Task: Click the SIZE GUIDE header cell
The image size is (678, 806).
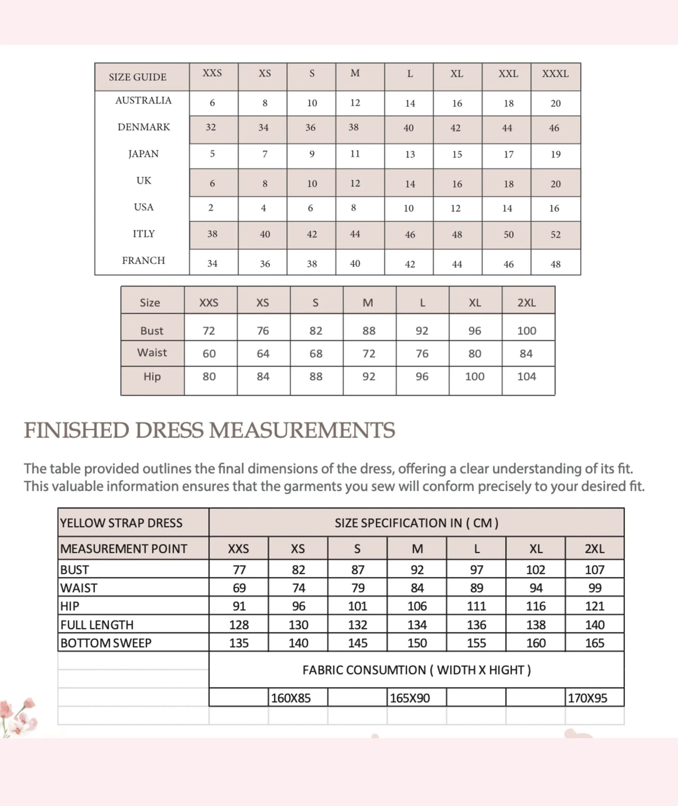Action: click(x=138, y=77)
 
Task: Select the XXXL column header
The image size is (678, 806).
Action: click(x=555, y=73)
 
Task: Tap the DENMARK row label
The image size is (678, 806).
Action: click(x=144, y=127)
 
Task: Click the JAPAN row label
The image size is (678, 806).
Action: click(x=144, y=154)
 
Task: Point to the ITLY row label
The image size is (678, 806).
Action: click(x=144, y=234)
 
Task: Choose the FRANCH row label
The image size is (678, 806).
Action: click(x=144, y=261)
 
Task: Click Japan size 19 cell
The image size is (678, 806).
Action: click(x=555, y=154)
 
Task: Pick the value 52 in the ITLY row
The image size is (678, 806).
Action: click(x=555, y=235)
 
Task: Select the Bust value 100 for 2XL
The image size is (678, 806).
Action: click(x=527, y=331)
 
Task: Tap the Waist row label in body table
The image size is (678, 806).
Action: click(x=152, y=353)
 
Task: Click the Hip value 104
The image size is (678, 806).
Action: click(x=527, y=376)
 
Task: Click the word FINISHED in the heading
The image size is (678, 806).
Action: click(x=77, y=431)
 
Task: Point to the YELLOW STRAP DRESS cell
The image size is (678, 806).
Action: click(x=121, y=523)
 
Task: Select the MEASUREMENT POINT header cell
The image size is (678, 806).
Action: click(x=124, y=549)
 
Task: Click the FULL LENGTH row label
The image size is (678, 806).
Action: click(x=97, y=625)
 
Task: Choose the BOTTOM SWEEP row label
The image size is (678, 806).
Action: click(x=106, y=643)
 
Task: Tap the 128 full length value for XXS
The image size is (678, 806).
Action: click(x=239, y=625)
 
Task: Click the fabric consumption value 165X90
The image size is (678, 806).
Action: click(x=410, y=698)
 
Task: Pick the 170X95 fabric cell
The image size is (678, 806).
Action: click(x=588, y=698)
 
